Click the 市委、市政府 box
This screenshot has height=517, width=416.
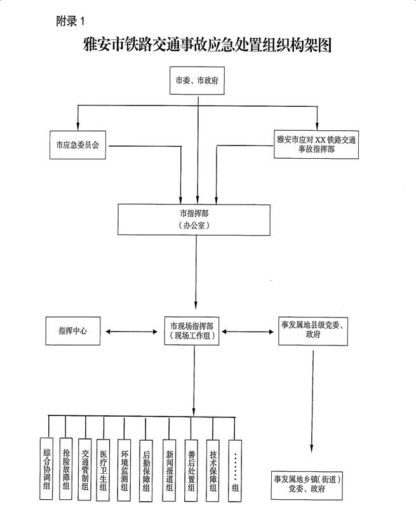click(197, 81)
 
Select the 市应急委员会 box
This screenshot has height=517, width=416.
click(77, 145)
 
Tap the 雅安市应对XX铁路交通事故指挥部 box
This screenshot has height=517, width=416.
click(316, 144)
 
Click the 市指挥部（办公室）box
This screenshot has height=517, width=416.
click(194, 220)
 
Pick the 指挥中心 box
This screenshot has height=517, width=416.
click(73, 331)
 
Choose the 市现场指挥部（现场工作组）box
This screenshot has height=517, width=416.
click(192, 331)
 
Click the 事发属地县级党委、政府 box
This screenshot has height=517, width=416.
click(313, 331)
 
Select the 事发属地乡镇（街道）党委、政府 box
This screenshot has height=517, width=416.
click(307, 485)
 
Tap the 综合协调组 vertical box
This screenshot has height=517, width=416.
click(46, 469)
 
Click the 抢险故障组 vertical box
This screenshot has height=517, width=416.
click(66, 469)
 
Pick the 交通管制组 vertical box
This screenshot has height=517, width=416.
click(84, 469)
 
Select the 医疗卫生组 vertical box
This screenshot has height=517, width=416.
click(103, 469)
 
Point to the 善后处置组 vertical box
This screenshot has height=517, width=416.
click(191, 471)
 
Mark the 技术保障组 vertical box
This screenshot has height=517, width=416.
click(213, 471)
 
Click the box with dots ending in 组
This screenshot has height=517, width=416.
click(235, 471)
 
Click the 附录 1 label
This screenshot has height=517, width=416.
click(70, 22)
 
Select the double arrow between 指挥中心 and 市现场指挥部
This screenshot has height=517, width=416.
click(131, 332)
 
